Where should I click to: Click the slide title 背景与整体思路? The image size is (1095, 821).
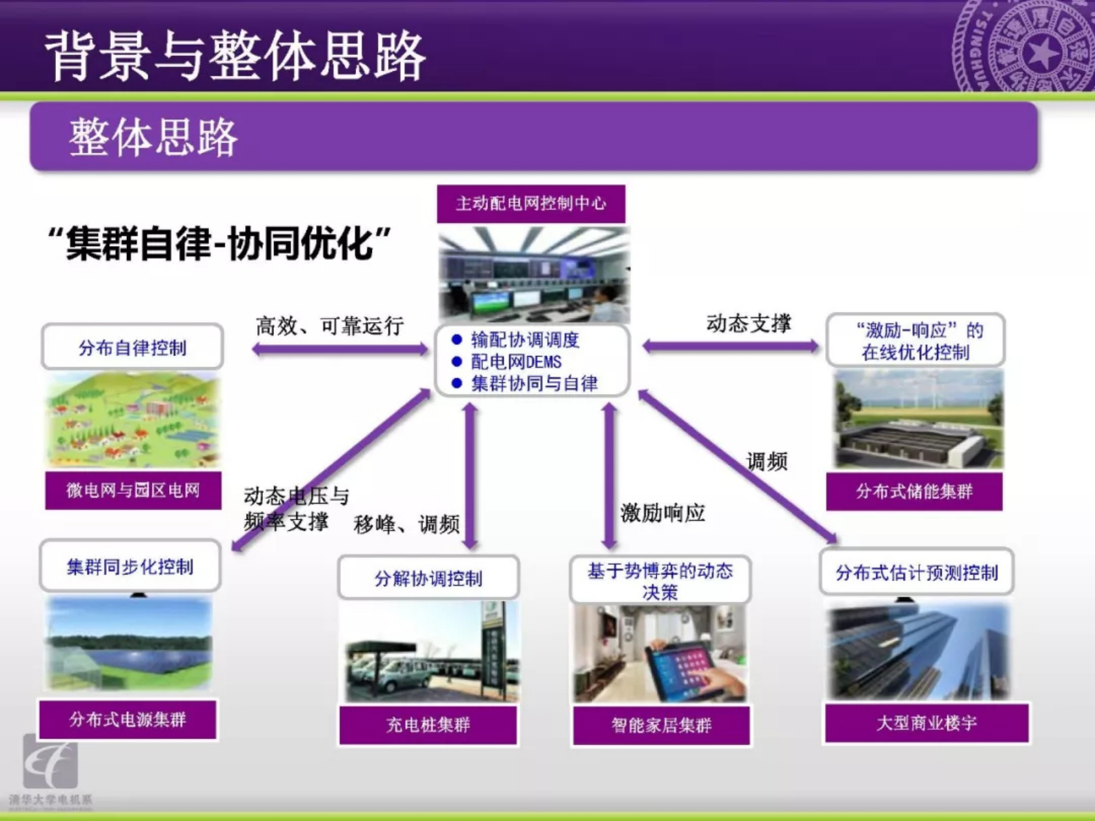(235, 55)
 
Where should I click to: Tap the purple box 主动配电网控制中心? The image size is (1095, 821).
(531, 204)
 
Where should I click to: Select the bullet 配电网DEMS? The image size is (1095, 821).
(515, 362)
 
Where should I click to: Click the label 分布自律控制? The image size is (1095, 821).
(132, 348)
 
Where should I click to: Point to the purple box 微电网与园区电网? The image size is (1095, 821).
(133, 491)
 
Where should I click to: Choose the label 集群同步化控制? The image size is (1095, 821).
(130, 567)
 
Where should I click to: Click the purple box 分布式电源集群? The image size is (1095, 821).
(128, 720)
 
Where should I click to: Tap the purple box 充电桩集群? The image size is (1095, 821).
(428, 725)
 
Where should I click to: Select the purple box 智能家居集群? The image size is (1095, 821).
(661, 725)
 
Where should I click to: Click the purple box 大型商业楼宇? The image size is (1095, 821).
(926, 723)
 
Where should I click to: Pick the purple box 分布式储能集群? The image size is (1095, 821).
(914, 491)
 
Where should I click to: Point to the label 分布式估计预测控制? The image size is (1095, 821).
(916, 573)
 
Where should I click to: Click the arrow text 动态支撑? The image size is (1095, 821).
(749, 323)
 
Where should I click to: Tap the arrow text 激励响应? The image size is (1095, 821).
(662, 513)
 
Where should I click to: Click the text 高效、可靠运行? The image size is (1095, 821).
(329, 326)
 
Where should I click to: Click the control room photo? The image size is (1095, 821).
(533, 275)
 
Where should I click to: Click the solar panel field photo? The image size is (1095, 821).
(130, 644)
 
